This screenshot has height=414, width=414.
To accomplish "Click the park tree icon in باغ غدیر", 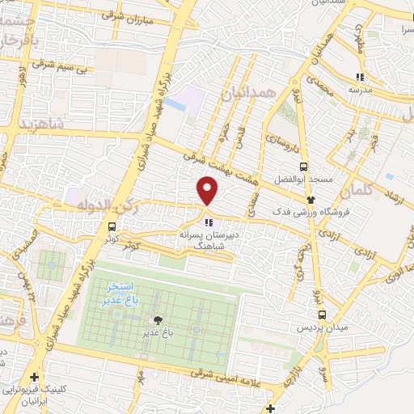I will pyautogui.click(x=168, y=320).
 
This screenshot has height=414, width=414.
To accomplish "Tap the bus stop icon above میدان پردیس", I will pyautogui.click(x=323, y=315).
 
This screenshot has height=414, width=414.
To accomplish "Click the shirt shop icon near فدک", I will pyautogui.click(x=310, y=199).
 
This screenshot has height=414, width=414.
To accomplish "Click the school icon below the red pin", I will pyautogui.click(x=209, y=221).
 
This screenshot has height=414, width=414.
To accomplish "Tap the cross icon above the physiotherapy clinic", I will pyautogui.click(x=34, y=378).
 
